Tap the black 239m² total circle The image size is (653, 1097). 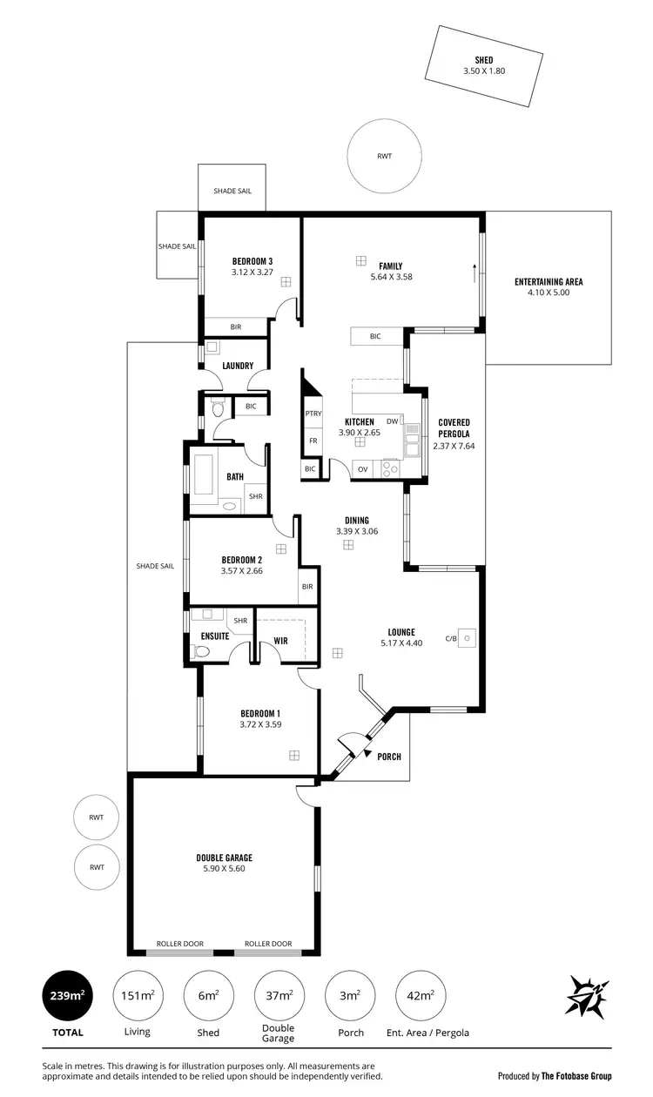point(68,995)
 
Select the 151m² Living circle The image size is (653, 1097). point(138,995)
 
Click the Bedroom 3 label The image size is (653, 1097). point(252,260)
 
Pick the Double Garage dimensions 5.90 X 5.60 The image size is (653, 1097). point(224,868)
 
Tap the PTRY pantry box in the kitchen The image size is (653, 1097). point(313,414)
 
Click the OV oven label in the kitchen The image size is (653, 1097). point(362,469)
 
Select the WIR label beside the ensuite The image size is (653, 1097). point(280,640)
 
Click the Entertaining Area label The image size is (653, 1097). point(549,281)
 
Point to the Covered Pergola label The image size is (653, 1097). point(454,427)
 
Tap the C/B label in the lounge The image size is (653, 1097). point(450,638)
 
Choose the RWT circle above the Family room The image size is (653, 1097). point(384,157)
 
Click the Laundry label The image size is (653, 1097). point(238,366)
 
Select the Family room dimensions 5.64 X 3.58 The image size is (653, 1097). point(390,277)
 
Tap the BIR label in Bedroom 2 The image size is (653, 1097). point(307,587)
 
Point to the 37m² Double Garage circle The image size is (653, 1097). point(279,995)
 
